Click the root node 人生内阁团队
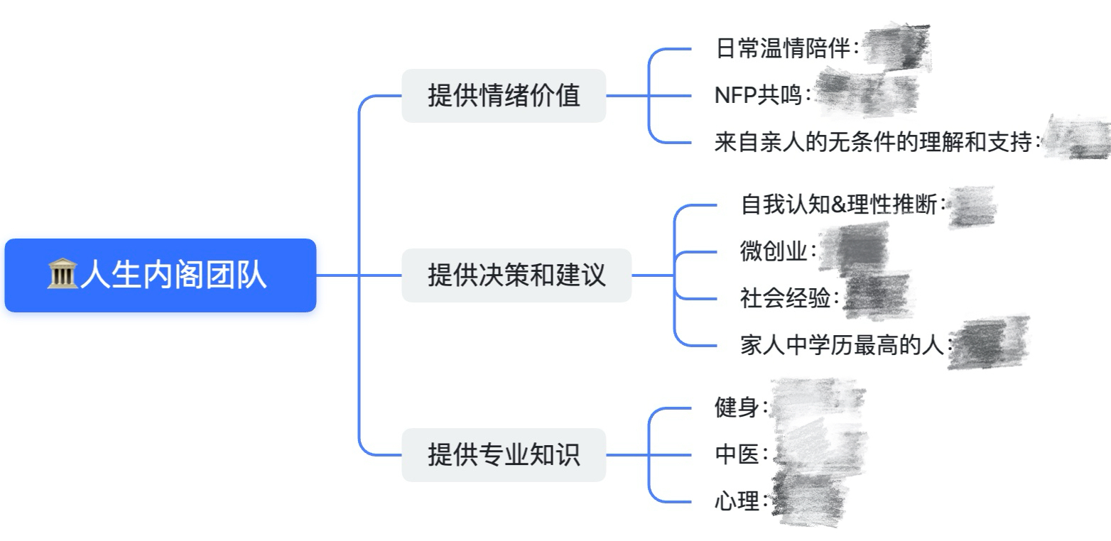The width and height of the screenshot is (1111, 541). tap(161, 275)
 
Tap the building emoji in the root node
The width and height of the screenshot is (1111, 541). tap(62, 275)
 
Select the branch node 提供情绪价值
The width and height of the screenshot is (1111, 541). tap(504, 96)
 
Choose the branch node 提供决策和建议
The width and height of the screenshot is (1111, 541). tap(516, 275)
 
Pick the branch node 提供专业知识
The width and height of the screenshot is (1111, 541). tap(504, 455)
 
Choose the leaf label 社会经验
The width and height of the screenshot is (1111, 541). tap(785, 299)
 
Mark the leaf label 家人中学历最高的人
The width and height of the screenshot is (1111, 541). tap(842, 346)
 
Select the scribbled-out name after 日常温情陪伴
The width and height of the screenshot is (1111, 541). tap(896, 48)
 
